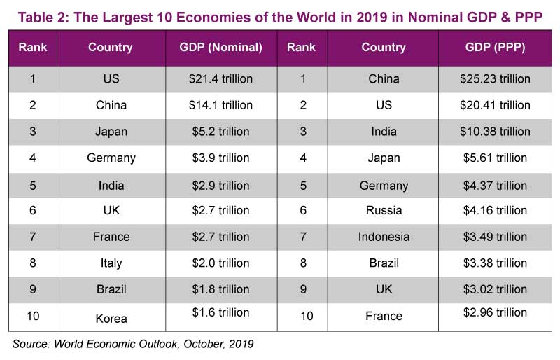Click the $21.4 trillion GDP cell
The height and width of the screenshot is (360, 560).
coord(220,79)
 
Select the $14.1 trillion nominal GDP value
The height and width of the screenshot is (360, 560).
coord(220,105)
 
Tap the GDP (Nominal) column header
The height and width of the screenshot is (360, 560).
coord(220,48)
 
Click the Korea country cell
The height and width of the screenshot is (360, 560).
coord(111,319)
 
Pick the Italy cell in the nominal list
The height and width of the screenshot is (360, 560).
coord(111,263)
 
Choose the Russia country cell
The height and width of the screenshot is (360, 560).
coord(384,210)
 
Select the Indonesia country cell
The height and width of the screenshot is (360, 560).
coord(384,237)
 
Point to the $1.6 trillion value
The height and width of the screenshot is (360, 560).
coord(220,312)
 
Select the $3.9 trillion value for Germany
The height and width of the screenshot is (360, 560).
coord(220,158)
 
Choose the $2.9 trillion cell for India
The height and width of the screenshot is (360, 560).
coord(220,185)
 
